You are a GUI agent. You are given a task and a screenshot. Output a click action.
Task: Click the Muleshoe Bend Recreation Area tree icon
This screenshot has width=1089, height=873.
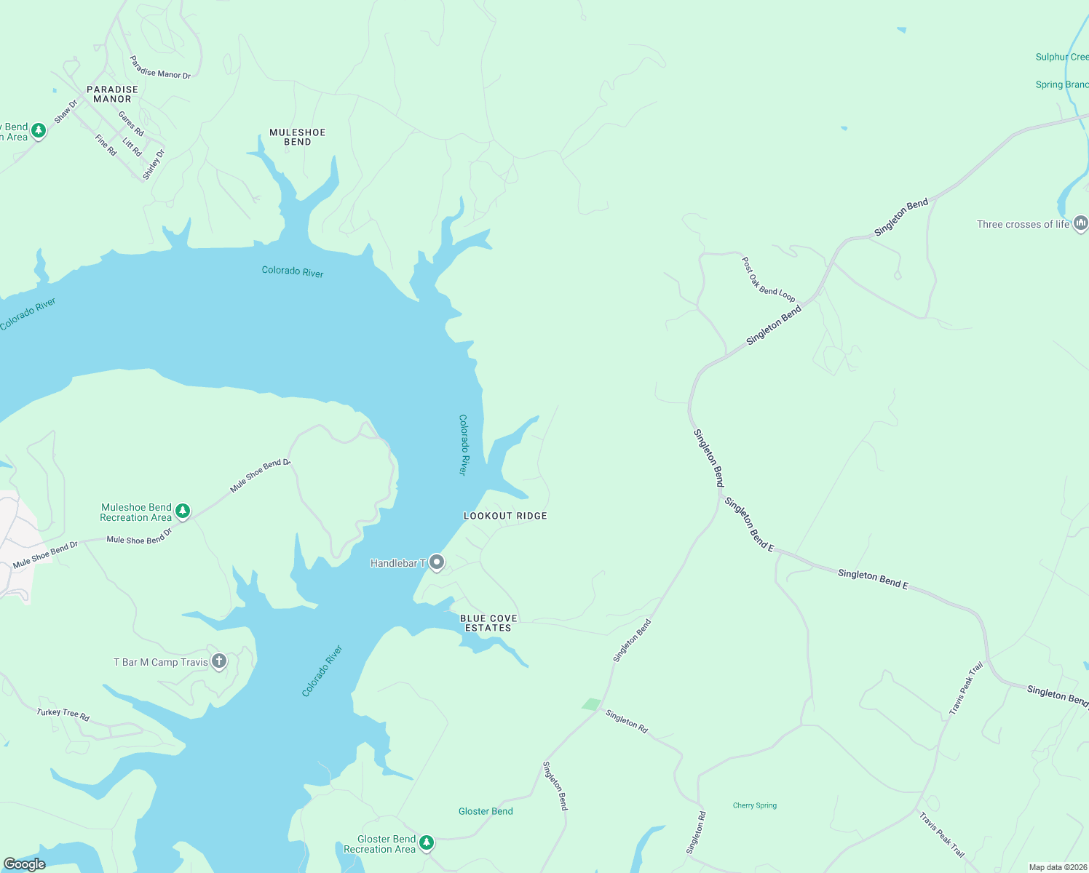[x=183, y=511]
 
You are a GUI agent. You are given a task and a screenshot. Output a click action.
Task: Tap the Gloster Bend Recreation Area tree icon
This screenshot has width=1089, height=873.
[x=427, y=842]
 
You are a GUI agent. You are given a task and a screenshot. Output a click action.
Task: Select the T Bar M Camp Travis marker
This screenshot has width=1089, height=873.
[x=219, y=661]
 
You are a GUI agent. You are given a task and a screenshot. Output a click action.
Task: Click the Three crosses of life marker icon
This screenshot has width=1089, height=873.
[x=1080, y=223]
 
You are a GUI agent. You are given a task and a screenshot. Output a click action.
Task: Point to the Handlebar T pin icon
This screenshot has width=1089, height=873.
[x=437, y=562]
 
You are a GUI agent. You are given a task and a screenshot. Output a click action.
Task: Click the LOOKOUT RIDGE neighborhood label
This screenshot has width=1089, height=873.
[x=505, y=516]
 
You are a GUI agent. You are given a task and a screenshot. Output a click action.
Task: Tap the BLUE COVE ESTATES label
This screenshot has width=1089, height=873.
[x=488, y=623]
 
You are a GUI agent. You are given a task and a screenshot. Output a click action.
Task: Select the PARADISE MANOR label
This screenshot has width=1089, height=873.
[x=112, y=94]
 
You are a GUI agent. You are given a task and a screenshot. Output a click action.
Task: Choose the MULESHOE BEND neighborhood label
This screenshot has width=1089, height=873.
[x=297, y=137]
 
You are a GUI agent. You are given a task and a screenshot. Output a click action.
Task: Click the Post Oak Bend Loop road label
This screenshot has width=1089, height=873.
[x=768, y=279]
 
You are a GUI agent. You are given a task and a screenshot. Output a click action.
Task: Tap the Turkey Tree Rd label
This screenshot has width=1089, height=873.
[x=63, y=714]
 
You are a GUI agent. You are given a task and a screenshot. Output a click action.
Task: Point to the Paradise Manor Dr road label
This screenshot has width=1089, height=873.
[x=160, y=67]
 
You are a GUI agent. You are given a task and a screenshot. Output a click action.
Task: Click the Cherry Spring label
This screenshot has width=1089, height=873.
[x=754, y=805]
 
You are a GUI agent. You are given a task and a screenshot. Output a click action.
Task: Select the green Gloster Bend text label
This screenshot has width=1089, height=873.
[x=486, y=811]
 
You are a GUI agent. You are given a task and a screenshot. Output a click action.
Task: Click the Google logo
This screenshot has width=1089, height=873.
[x=25, y=864]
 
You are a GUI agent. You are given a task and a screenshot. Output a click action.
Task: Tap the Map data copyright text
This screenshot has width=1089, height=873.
[x=1057, y=867]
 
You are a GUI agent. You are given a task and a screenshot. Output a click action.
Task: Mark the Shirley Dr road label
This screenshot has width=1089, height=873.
[x=154, y=164]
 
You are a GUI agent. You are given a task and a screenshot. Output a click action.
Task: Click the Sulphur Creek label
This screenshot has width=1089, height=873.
[x=1061, y=57]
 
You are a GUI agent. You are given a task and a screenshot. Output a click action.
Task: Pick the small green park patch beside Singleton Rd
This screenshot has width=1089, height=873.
[x=591, y=704]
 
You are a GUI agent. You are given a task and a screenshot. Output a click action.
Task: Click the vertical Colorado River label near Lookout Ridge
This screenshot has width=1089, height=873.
[x=463, y=445]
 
